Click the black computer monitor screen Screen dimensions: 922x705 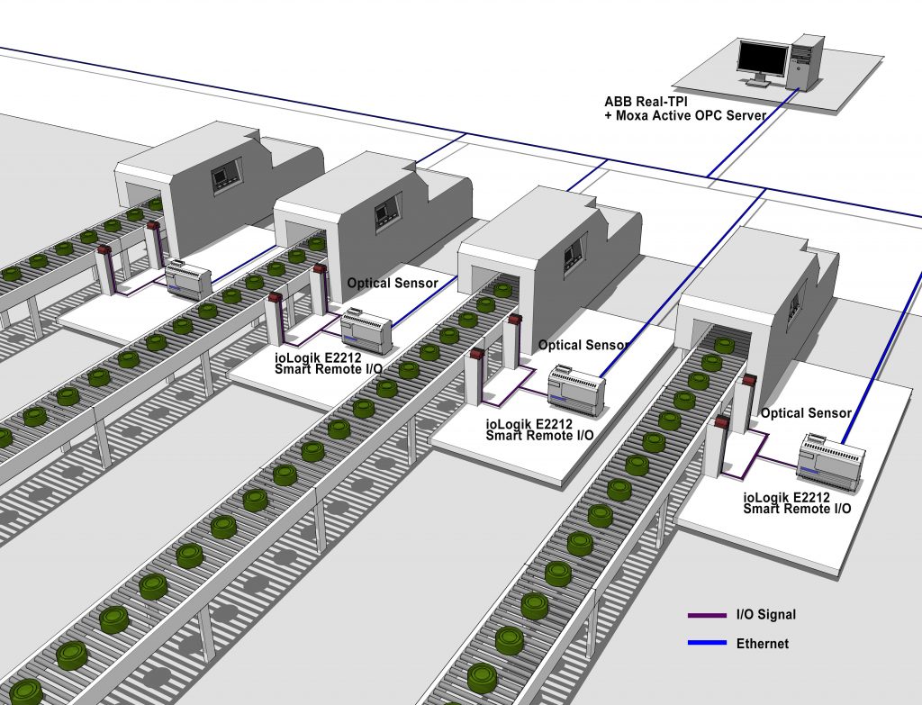pos(764,59)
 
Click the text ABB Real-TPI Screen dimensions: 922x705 pos(646,102)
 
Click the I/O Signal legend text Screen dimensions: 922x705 pos(766,615)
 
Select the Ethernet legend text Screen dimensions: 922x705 pos(763,643)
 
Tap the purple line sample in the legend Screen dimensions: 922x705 pos(708,616)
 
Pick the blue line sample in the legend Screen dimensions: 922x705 pos(708,643)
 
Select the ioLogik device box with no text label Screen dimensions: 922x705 pos(188,280)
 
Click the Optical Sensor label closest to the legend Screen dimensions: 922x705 pos(806,413)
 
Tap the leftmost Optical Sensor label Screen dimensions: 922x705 pos(393,283)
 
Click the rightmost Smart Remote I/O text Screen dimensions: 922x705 pos(797,510)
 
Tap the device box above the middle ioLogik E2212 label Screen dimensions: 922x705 pos(576,392)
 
